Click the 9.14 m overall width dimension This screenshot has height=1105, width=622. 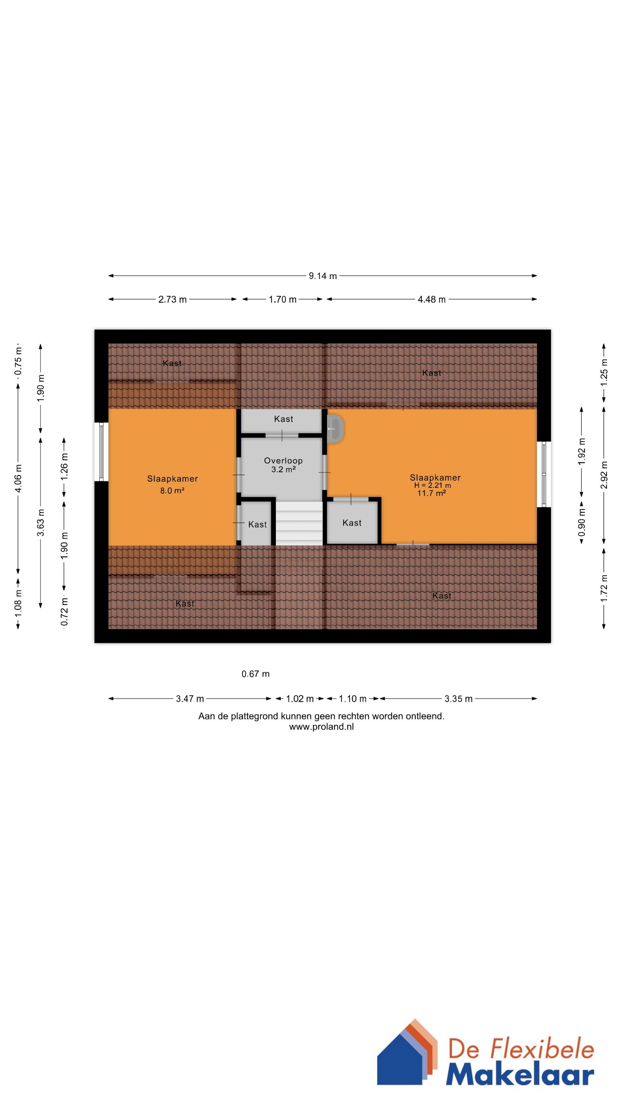[x=323, y=276]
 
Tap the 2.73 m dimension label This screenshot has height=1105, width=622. [x=172, y=299]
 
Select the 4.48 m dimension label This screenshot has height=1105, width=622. [x=432, y=299]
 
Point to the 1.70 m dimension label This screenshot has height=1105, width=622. [x=283, y=299]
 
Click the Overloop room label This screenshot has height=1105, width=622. [x=283, y=461]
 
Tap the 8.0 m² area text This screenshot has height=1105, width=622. [x=172, y=491]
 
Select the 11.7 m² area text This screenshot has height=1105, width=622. [x=431, y=493]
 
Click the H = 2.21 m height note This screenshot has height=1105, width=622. [x=433, y=485]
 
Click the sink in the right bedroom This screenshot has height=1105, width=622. [x=335, y=428]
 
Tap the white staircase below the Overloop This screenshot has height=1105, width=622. [x=299, y=523]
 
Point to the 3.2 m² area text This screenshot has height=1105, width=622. [x=283, y=469]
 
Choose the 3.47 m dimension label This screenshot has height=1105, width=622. [x=190, y=699]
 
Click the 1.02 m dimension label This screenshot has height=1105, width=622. [x=300, y=699]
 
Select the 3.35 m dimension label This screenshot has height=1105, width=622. [x=458, y=699]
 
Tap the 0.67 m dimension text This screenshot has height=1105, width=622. [x=255, y=674]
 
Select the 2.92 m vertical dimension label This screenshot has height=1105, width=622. [x=604, y=475]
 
